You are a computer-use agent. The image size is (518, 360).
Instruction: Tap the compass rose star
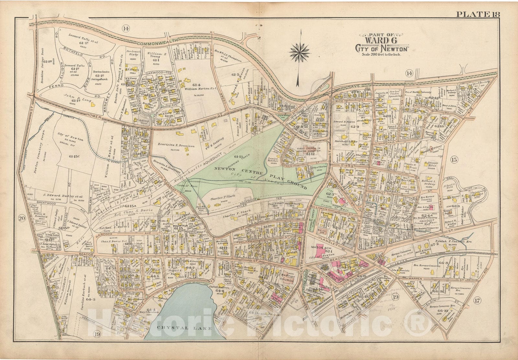(299, 51)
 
